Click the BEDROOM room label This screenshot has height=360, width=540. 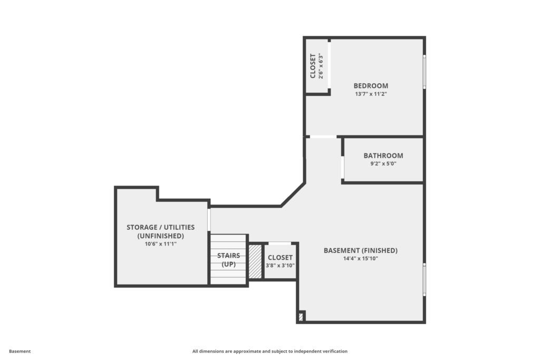(371, 86)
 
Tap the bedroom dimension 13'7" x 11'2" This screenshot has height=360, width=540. (371, 94)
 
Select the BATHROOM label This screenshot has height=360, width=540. (383, 155)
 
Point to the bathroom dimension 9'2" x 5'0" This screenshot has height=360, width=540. (383, 164)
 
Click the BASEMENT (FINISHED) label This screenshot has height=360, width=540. (361, 250)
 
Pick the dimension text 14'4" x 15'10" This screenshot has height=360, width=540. (361, 258)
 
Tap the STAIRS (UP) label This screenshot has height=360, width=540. (229, 260)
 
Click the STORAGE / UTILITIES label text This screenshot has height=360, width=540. (160, 227)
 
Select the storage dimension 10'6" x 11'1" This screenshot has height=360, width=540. (160, 244)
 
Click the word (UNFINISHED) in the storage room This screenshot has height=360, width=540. (160, 236)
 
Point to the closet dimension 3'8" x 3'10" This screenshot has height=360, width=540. (280, 265)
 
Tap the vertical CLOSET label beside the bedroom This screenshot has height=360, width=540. (313, 66)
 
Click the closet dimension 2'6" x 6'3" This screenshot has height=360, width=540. (321, 66)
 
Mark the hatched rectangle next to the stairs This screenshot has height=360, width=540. (255, 261)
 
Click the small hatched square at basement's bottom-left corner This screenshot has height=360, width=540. (301, 317)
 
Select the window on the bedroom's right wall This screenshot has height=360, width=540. (425, 72)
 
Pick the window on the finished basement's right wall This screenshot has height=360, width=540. (425, 279)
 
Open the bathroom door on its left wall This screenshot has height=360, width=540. (342, 168)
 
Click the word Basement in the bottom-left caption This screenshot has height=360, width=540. (20, 352)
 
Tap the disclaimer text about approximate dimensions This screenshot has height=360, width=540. (269, 352)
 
